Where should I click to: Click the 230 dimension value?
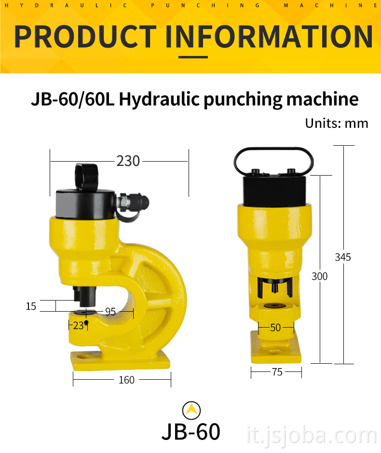[128, 161]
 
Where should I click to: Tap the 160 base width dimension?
[126, 380]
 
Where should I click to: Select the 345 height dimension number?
[343, 257]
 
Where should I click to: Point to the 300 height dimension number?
[319, 276]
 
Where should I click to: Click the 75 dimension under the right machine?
[277, 372]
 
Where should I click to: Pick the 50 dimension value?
[275, 328]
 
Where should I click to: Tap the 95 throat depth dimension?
[110, 312]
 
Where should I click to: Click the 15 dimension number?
[31, 306]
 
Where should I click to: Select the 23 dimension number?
[78, 326]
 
